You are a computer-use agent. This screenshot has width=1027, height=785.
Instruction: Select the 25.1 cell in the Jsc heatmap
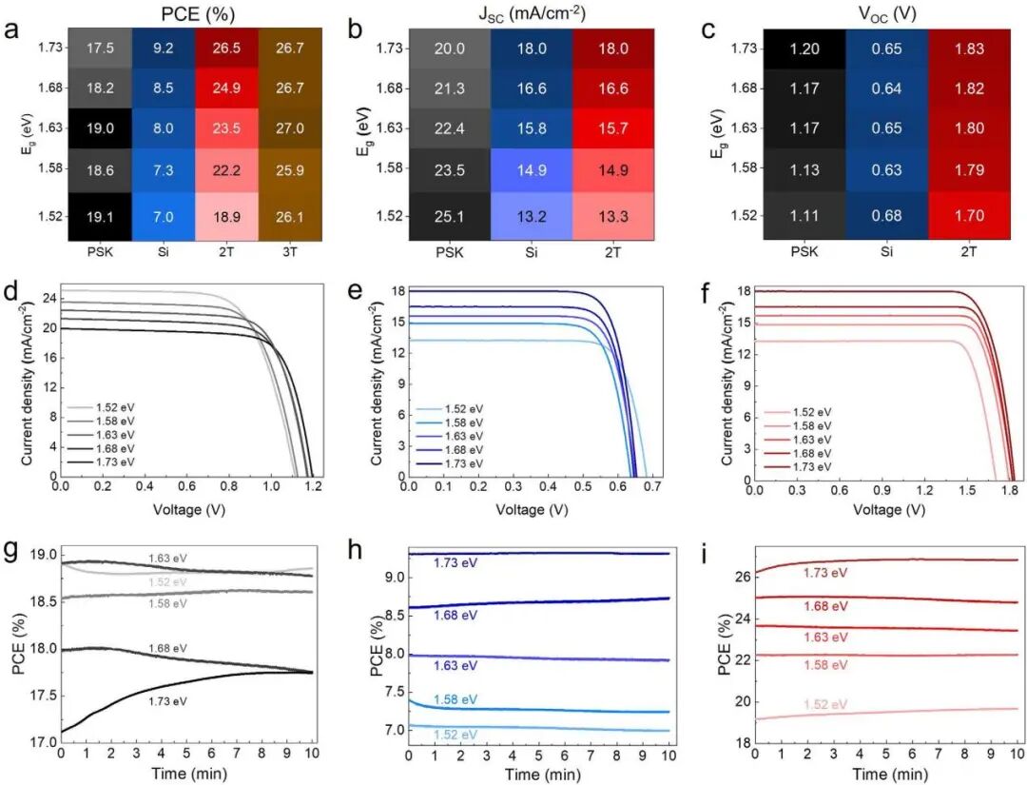[450, 216]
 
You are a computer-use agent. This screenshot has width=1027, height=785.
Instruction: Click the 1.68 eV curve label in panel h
[457, 616]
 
